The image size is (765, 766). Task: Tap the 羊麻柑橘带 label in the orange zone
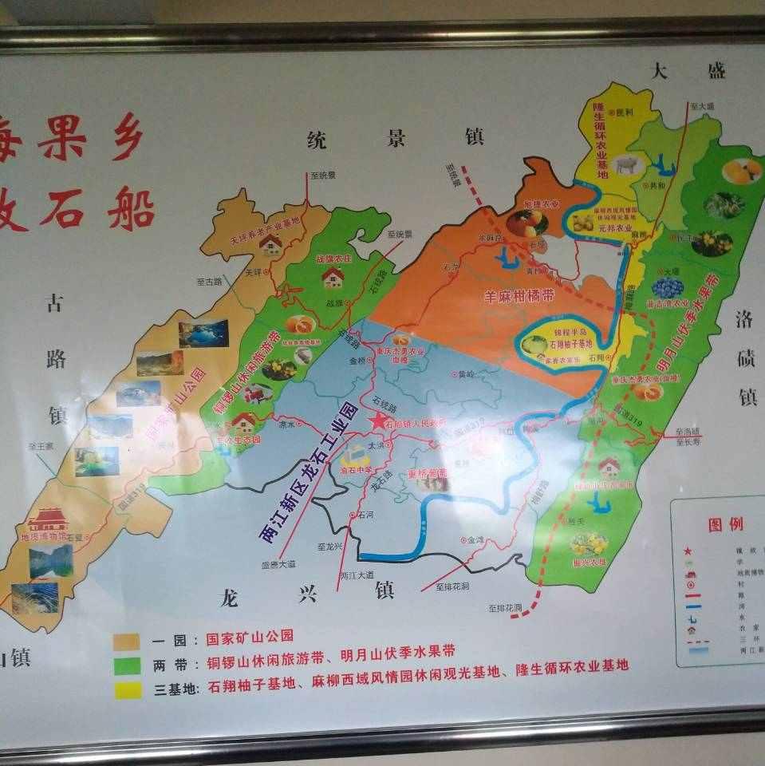tap(519, 296)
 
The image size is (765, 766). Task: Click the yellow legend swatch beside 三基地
tap(128, 689)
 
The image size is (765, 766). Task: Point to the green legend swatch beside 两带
tap(128, 665)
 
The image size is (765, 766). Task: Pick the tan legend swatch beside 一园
tap(128, 641)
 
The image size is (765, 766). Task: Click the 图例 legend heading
tap(725, 524)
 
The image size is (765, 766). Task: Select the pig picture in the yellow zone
tap(628, 166)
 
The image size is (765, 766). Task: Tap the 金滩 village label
tap(475, 539)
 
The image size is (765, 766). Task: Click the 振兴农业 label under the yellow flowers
tap(590, 563)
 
